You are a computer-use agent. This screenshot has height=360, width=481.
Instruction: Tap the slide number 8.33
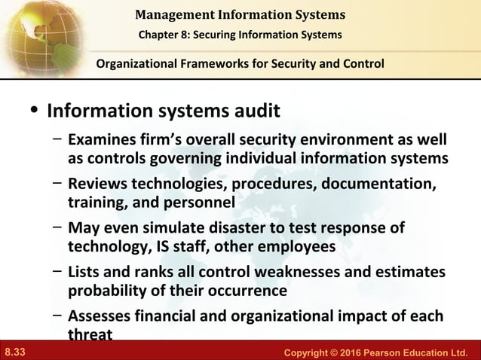(15, 352)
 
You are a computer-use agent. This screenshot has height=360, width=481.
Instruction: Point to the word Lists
(85, 271)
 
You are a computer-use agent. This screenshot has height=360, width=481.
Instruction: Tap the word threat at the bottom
(90, 334)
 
